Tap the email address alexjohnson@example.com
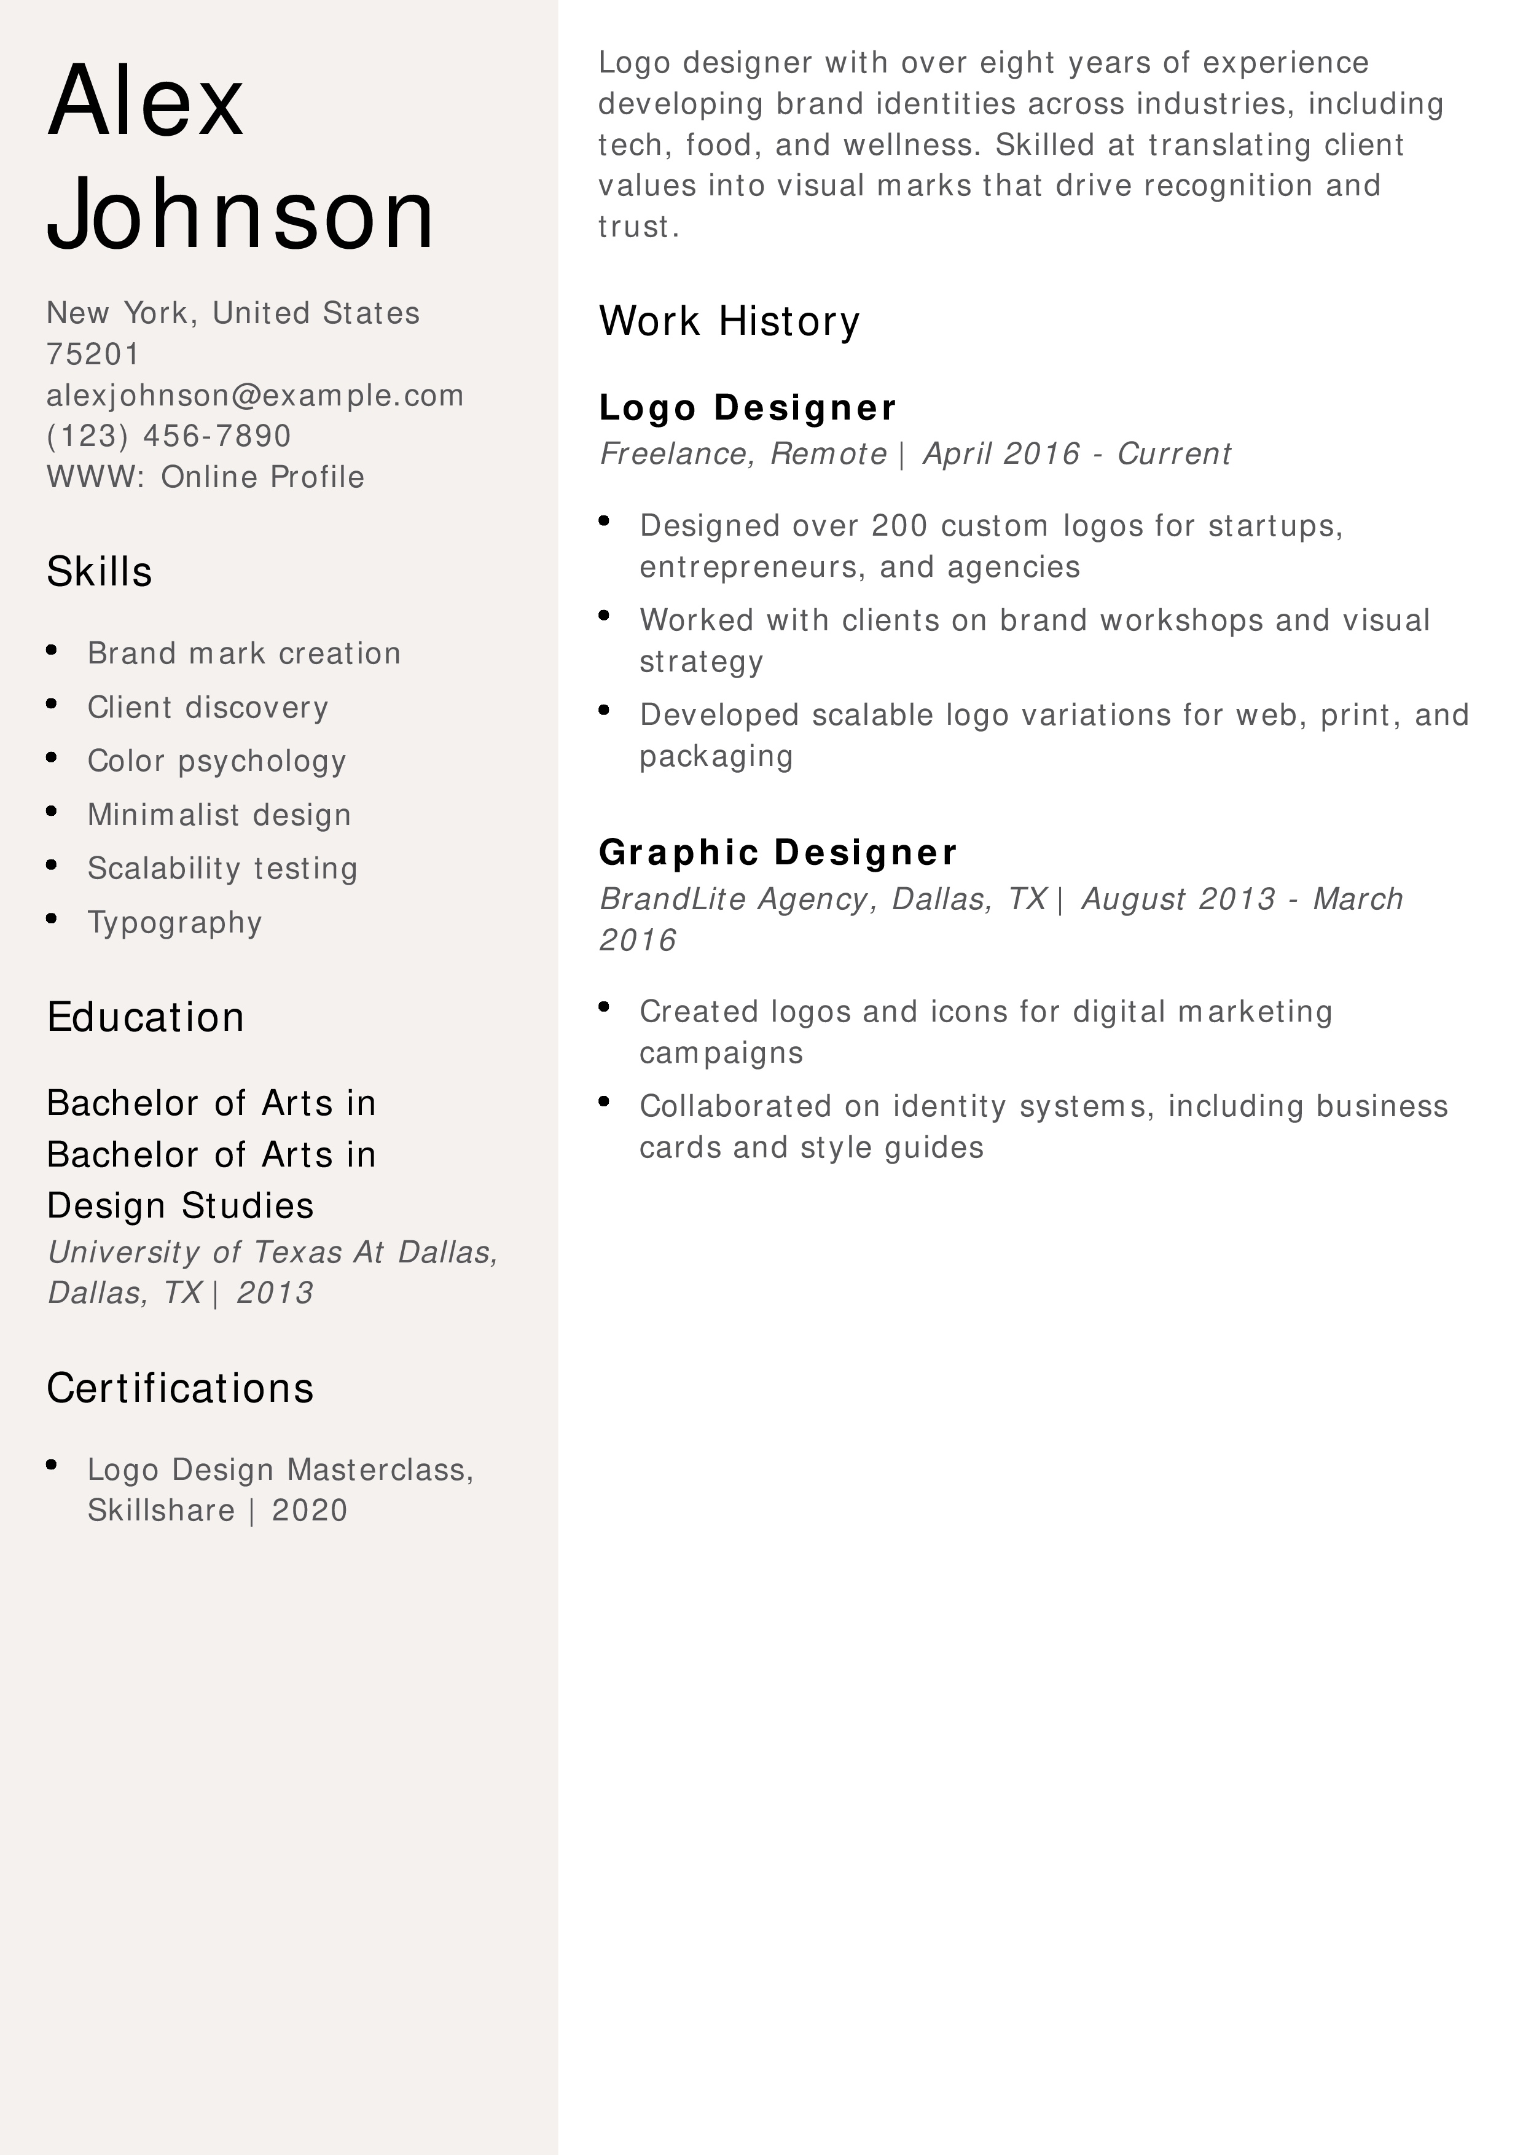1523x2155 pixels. (x=255, y=395)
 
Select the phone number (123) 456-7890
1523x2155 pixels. (x=169, y=436)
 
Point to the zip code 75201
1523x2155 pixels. (x=93, y=354)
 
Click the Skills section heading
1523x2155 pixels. (x=100, y=571)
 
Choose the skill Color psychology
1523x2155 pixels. (x=217, y=761)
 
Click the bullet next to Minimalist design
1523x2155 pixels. (x=52, y=811)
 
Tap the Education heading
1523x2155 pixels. (x=146, y=1017)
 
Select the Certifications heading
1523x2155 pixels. (x=180, y=1387)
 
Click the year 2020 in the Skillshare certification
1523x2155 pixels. (x=310, y=1510)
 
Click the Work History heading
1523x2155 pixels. (x=729, y=321)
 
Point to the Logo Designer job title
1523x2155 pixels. (x=747, y=407)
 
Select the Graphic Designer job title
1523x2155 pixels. (x=778, y=852)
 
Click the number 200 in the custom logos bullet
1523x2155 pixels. (x=899, y=526)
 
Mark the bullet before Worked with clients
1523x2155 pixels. (x=605, y=616)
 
